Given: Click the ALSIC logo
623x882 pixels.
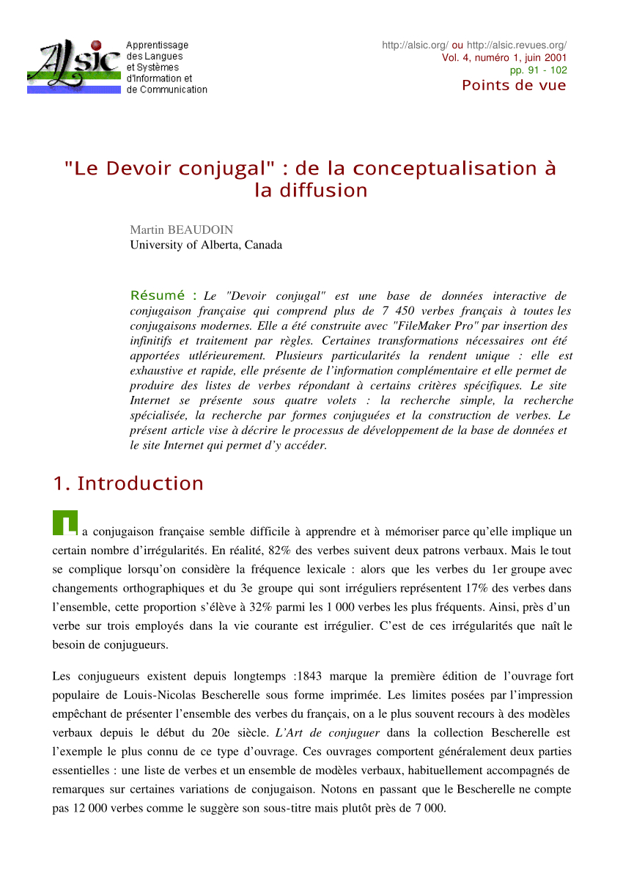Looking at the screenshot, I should pyautogui.click(x=73, y=66).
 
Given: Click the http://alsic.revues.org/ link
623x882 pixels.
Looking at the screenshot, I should pyautogui.click(x=516, y=45).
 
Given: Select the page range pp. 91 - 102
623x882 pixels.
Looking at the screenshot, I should pyautogui.click(x=539, y=70).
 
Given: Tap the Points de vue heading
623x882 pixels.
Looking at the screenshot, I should pyautogui.click(x=514, y=85).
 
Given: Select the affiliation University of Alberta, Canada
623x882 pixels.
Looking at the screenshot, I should pyautogui.click(x=206, y=245).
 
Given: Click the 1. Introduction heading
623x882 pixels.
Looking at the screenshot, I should pyautogui.click(x=128, y=484).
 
